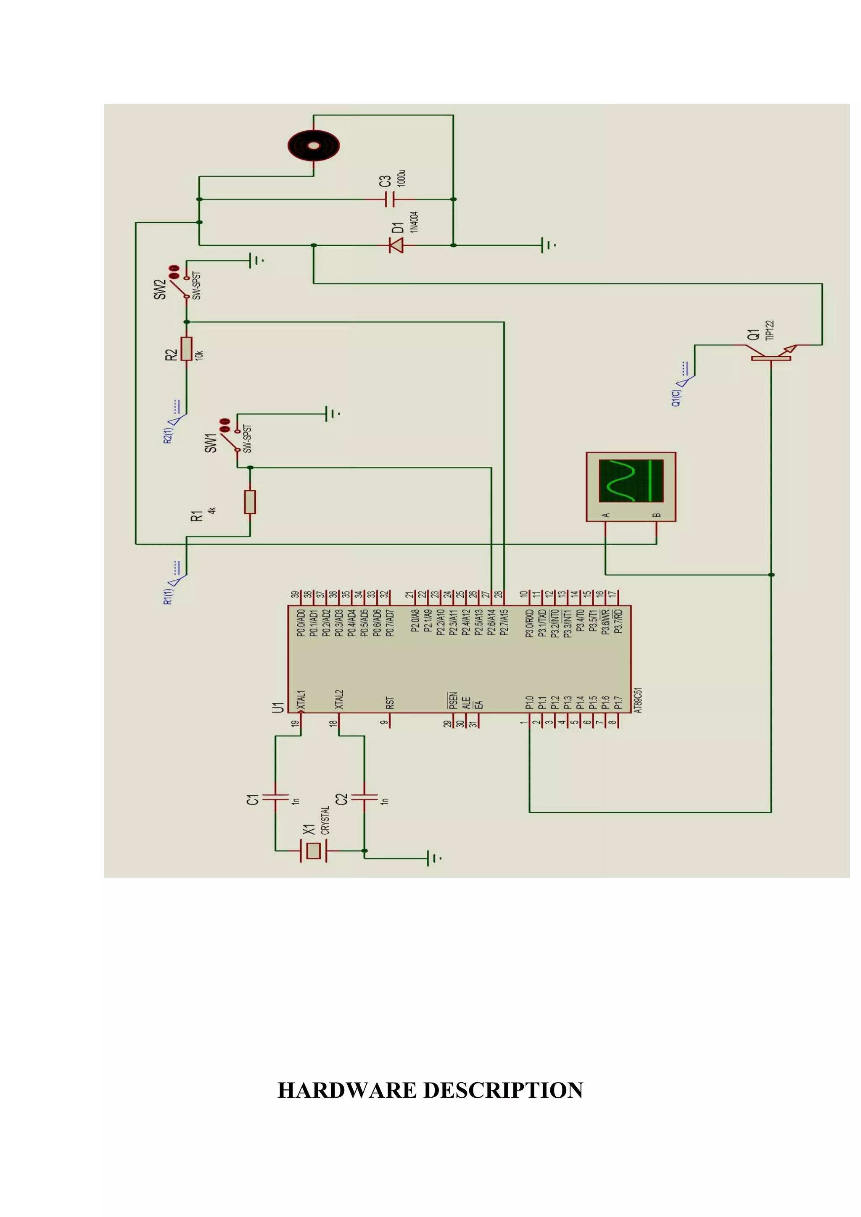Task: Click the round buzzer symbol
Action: pos(314,145)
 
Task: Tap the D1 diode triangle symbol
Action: pos(396,245)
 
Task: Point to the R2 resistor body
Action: pos(186,349)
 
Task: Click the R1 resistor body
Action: pos(250,502)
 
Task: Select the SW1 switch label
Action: pos(211,443)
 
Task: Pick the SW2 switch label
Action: pos(160,289)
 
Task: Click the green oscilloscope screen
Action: pos(631,481)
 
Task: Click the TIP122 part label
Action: pos(770,330)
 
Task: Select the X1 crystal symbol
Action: pos(314,851)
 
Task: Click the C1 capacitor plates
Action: pos(275,796)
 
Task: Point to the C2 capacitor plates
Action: pos(364,796)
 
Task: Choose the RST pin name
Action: pos(390,703)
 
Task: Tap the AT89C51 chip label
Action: pos(638,700)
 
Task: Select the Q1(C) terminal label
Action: pos(675,398)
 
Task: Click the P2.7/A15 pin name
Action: pos(504,622)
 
